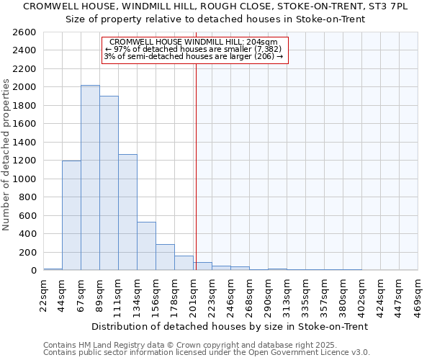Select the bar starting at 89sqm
109,183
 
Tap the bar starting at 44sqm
71,215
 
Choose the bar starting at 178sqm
184,263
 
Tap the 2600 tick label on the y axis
24,32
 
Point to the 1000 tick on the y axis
24,179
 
